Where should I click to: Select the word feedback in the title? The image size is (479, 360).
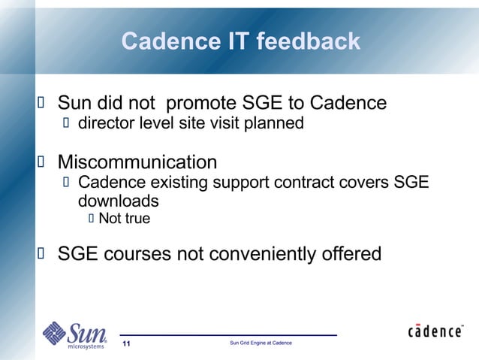pyautogui.click(x=309, y=41)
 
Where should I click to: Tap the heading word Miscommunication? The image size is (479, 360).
pyautogui.click(x=137, y=162)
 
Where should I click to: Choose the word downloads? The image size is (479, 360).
pyautogui.click(x=118, y=201)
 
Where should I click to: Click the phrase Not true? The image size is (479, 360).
pyautogui.click(x=124, y=219)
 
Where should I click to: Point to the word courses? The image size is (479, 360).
pyautogui.click(x=139, y=254)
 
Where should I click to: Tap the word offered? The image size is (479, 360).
pyautogui.click(x=349, y=254)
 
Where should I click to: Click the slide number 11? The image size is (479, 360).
pyautogui.click(x=126, y=343)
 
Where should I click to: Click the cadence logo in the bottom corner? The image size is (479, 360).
pyautogui.click(x=435, y=331)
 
